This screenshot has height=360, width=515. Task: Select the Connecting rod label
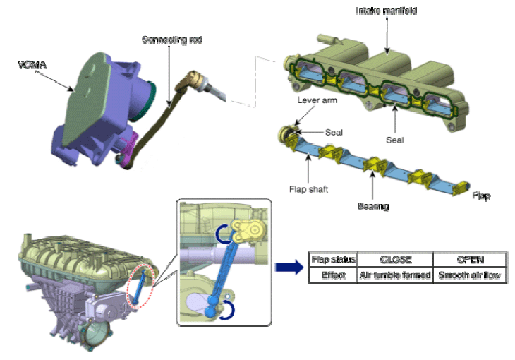[x=172, y=40]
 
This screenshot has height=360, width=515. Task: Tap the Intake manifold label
[x=386, y=11]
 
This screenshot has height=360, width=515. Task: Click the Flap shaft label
[x=308, y=190]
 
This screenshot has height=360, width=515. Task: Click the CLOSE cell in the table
[x=395, y=260]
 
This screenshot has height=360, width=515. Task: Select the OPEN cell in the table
[x=469, y=260]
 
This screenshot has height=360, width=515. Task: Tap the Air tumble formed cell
[x=395, y=275]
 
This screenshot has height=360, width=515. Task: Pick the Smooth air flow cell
[x=469, y=275]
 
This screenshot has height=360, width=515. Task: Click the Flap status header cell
[x=334, y=260]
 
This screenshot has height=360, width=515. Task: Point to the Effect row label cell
[x=334, y=275]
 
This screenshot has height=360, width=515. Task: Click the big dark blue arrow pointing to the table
[x=287, y=268]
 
